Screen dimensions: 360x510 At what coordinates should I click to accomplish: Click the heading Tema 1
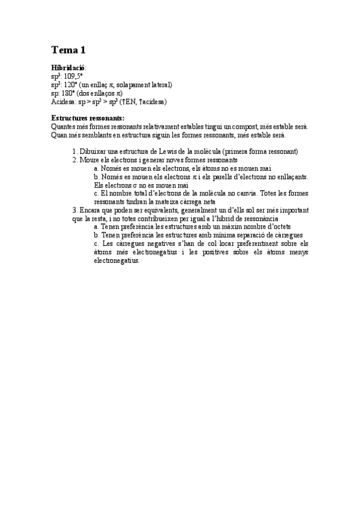pos(69,50)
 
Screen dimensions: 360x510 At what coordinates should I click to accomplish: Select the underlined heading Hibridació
pos(69,69)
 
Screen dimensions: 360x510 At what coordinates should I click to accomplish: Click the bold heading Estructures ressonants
pos(88,118)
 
